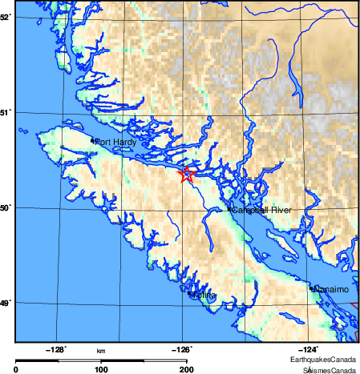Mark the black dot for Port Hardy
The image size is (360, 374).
[x=93, y=141]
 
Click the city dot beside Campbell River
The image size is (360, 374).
[x=229, y=210]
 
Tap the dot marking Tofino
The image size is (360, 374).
[x=189, y=294]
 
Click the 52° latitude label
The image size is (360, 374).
[x=6, y=16]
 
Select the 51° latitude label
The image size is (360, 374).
[x=6, y=112]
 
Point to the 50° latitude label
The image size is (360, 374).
[x=6, y=207]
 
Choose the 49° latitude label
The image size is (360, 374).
[x=6, y=303]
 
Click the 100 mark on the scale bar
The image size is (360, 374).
[x=101, y=370]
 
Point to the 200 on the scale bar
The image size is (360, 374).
[x=186, y=370]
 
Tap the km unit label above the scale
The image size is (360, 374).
[x=101, y=351]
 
